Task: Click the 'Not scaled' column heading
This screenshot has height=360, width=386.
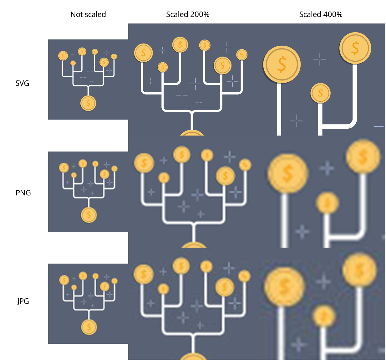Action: coord(88,14)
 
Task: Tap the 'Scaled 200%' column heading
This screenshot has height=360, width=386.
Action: coord(188,14)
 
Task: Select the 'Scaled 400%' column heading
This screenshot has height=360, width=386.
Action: coord(321,14)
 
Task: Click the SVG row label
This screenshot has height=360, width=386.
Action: coord(22,83)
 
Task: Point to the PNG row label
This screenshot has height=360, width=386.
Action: coord(23,193)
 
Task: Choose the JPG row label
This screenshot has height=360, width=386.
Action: coord(23,301)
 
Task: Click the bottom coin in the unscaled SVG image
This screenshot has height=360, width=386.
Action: coord(88,103)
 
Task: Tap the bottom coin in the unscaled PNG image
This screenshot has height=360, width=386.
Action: coord(89,215)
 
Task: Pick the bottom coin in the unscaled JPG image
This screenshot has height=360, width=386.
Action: coord(89,327)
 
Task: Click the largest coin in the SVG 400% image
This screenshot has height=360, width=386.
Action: coord(282,64)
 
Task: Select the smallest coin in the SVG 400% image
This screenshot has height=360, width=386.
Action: coord(320,93)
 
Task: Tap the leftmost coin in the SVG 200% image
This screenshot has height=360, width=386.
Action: coord(143,53)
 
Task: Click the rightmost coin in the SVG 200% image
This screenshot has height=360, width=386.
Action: coord(242,55)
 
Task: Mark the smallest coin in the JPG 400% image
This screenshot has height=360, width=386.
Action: coord(324,316)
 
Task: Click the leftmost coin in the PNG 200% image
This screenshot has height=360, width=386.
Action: coord(144,163)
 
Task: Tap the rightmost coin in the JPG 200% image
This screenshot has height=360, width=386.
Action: coord(244,276)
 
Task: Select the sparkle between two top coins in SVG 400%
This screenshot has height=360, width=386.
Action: coord(320,59)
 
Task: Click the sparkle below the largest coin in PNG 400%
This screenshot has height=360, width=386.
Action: coord(302,232)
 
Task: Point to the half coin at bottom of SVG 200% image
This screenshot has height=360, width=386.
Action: coord(192,133)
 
